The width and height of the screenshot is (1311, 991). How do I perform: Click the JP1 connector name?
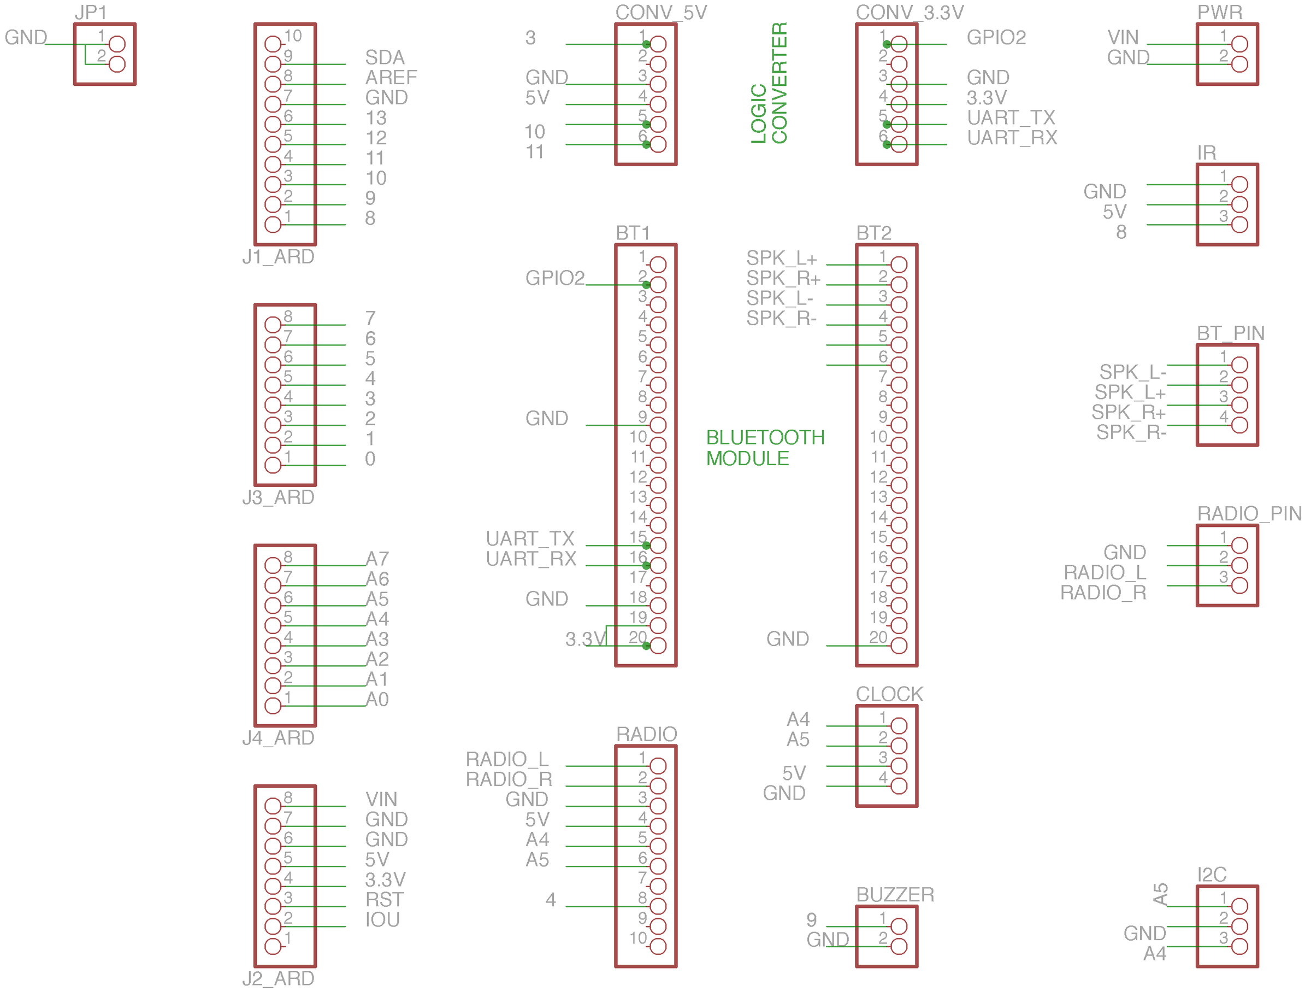pos(90,12)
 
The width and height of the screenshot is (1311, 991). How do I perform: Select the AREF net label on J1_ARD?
pos(391,77)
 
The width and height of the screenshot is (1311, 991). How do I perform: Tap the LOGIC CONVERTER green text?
pos(769,83)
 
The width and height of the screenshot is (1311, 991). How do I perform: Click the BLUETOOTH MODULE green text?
pos(765,448)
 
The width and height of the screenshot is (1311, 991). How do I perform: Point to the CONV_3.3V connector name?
pos(910,12)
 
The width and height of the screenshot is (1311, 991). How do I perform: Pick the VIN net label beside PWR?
pos(1123,37)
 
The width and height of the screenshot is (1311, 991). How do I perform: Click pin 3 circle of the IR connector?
pos(1239,225)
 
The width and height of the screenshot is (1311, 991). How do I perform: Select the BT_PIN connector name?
pos(1230,333)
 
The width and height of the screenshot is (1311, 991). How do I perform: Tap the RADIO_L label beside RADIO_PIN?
pos(1105,572)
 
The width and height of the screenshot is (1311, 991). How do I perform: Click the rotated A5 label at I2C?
pos(1160,894)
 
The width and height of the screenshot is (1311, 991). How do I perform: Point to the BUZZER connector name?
pos(895,894)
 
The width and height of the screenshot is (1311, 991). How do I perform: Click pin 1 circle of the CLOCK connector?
pos(899,726)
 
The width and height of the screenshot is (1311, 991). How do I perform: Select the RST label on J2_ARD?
pos(384,900)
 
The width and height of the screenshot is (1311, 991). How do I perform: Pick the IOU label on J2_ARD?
pos(382,920)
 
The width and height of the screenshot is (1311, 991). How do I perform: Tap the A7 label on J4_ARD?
pos(377,559)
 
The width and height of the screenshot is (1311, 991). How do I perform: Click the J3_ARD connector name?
pos(278,497)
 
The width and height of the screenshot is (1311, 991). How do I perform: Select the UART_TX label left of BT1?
pos(530,538)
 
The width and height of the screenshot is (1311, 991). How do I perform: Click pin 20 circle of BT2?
pos(899,646)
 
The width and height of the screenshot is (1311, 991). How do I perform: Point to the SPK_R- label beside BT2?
pos(781,319)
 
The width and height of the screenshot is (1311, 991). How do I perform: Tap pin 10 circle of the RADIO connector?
pos(658,947)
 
